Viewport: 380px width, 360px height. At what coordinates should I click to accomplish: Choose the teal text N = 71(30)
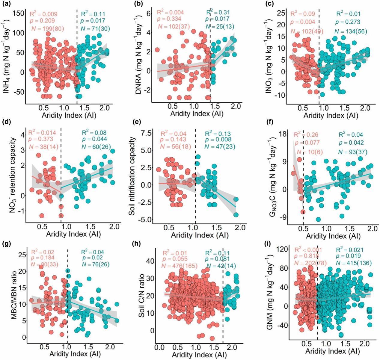click(95, 29)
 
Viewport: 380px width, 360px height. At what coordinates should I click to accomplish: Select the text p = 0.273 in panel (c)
click(348, 22)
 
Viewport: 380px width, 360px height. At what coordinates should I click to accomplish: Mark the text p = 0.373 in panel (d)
click(41, 139)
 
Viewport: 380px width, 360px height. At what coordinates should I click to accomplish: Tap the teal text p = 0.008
click(218, 139)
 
